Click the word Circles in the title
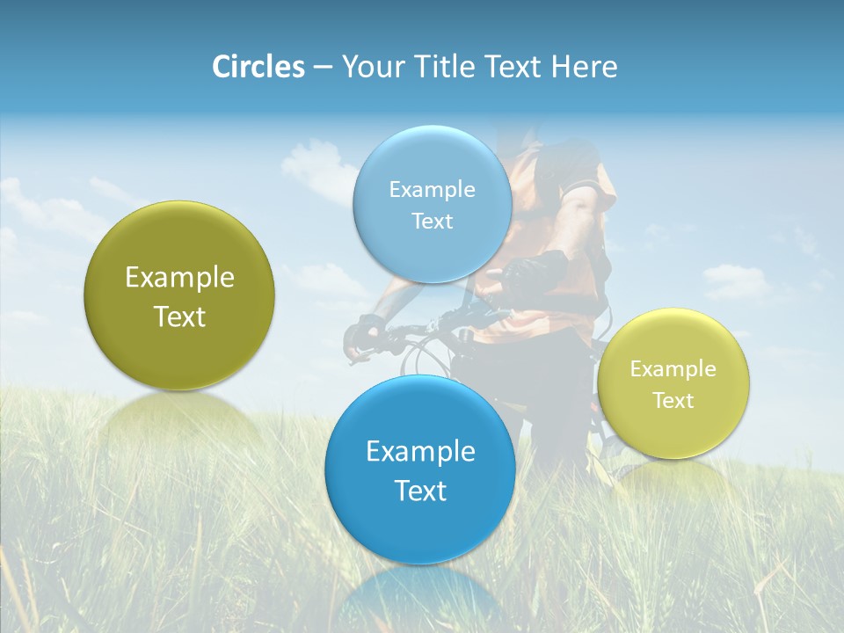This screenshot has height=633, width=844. coord(258,67)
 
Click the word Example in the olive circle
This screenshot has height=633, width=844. coord(179,278)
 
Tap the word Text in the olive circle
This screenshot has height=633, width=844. coord(179,316)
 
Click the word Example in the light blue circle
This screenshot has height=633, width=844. coord(432,189)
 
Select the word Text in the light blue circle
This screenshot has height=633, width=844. coord(432,221)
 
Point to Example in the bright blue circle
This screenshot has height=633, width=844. coord(420,452)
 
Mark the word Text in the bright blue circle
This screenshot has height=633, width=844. coord(420,491)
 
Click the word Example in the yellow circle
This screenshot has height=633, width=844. coord(673,368)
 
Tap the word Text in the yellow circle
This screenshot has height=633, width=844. coord(673,401)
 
